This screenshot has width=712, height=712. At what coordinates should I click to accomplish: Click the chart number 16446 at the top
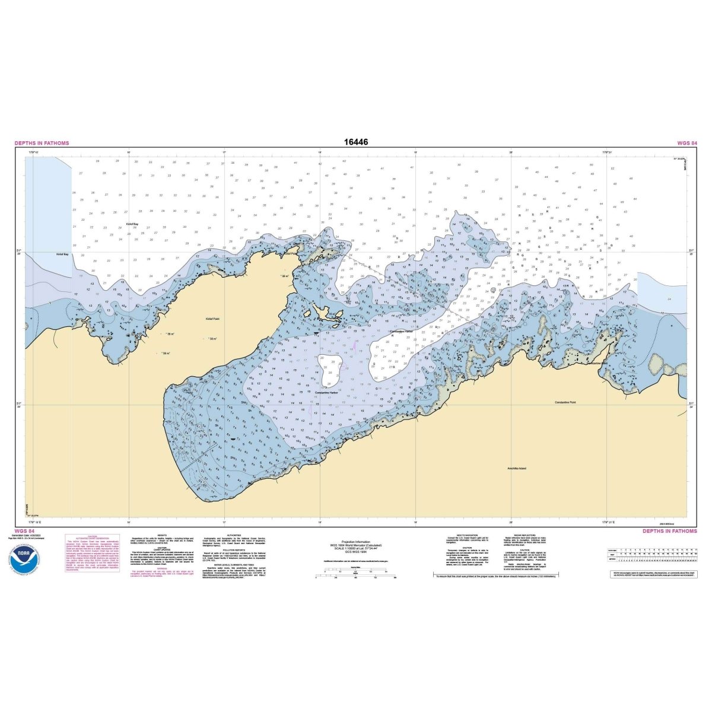355,142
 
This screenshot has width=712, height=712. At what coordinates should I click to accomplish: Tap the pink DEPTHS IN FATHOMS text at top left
42,143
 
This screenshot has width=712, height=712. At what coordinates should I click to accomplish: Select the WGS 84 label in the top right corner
686,143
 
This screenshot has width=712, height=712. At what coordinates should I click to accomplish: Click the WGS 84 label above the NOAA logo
24,531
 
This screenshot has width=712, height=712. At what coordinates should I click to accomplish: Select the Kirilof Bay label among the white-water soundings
132,224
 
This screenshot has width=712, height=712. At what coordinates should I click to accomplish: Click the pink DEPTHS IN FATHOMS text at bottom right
669,531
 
